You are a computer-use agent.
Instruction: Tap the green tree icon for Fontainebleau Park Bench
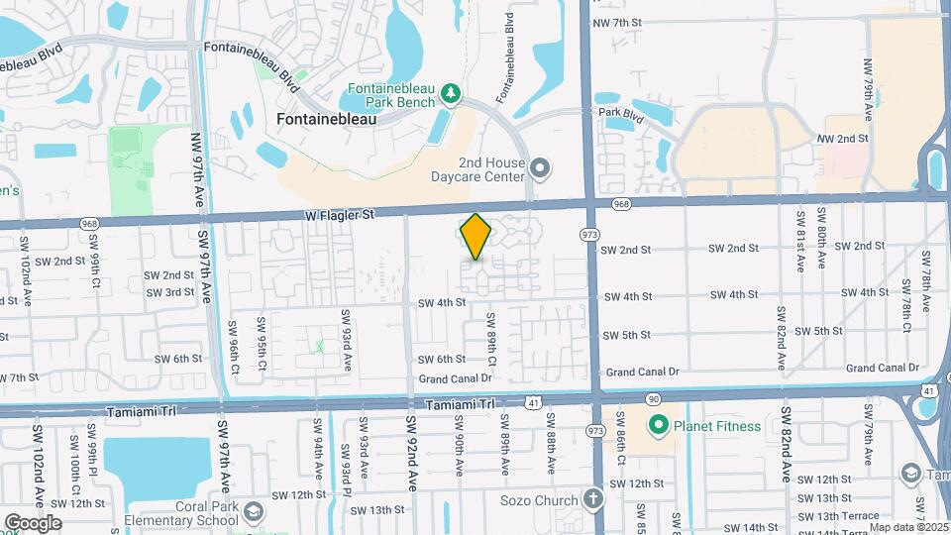tap(452, 93)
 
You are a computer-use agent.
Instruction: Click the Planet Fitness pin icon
tap(656, 426)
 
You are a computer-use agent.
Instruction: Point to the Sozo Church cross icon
tap(592, 499)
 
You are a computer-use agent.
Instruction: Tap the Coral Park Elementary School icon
tap(254, 512)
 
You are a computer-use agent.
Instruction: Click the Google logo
tap(32, 522)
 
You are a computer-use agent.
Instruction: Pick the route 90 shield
tap(654, 398)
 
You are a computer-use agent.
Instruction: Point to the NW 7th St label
tap(617, 22)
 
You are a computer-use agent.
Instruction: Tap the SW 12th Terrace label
tap(821, 479)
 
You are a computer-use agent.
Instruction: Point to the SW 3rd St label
tap(170, 292)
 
